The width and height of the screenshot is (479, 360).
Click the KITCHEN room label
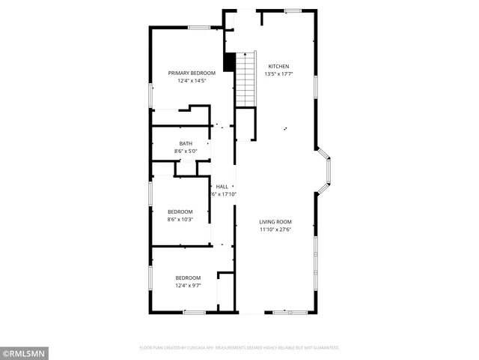(278, 66)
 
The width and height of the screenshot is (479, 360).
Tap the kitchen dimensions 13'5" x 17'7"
(278, 74)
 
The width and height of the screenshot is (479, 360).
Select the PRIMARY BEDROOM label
(192, 73)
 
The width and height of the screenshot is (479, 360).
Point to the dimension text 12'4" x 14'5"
(192, 81)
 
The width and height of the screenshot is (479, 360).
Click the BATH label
(185, 143)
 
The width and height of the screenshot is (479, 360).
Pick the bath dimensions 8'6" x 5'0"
(185, 151)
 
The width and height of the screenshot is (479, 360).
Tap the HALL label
(222, 186)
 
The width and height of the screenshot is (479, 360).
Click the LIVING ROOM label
(275, 222)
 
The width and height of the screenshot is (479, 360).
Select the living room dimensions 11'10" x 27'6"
(275, 230)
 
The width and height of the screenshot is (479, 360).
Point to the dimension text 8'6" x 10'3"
(180, 220)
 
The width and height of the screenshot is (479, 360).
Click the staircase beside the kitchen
(246, 79)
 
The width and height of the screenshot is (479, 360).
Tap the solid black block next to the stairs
(230, 62)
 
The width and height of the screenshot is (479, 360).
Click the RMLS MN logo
(24, 352)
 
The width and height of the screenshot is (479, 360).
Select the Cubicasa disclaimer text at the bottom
(239, 348)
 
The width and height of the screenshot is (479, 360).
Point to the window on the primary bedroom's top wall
(198, 28)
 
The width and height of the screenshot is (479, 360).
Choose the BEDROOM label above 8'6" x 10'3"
(180, 211)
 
